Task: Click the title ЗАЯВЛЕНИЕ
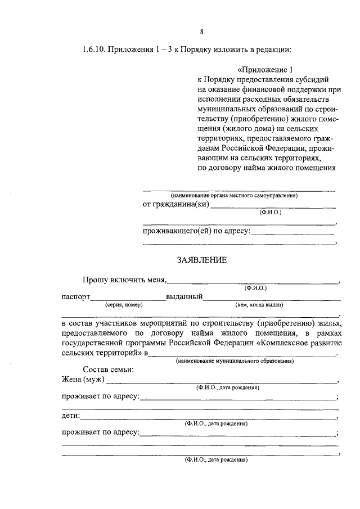tap(202, 260)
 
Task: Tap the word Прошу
tap(94, 280)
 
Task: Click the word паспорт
tap(75, 297)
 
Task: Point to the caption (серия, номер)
tap(124, 305)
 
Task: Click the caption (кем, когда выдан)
tap(259, 305)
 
